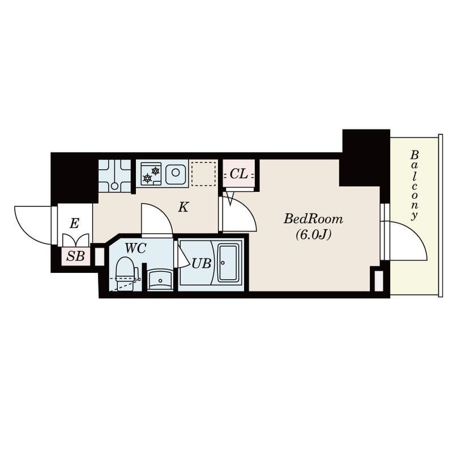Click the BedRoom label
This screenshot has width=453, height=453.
coord(314,219)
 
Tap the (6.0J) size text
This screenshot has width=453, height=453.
coord(313,235)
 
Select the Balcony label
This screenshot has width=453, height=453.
coord(414,186)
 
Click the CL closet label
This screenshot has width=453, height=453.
coord(238,174)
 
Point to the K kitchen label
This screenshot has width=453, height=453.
coord(183,207)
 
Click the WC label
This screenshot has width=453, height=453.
coord(135,248)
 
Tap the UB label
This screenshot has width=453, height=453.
coord(202,263)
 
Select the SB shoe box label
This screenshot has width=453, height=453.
coord(75,256)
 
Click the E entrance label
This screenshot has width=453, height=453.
coord(74,223)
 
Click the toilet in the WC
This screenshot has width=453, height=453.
coord(125,273)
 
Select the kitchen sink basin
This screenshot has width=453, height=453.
coord(176,173)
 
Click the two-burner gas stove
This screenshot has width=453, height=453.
coord(151,174)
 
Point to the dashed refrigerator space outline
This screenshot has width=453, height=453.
coord(203,174)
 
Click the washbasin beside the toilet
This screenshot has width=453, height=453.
coord(160,279)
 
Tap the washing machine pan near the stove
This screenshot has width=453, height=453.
coord(115,176)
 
